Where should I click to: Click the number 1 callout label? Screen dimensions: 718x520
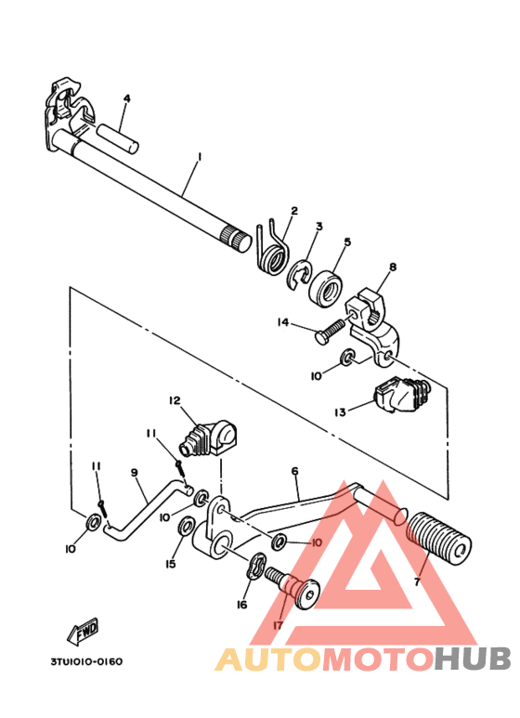point(198,158)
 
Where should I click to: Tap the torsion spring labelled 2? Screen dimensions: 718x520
point(272,252)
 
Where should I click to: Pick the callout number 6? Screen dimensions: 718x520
point(294,472)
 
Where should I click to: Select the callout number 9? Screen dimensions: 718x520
point(134,473)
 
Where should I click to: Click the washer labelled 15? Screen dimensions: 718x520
point(185,529)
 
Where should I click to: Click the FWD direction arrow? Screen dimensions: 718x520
point(83,631)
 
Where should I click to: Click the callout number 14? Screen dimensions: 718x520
point(283,322)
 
